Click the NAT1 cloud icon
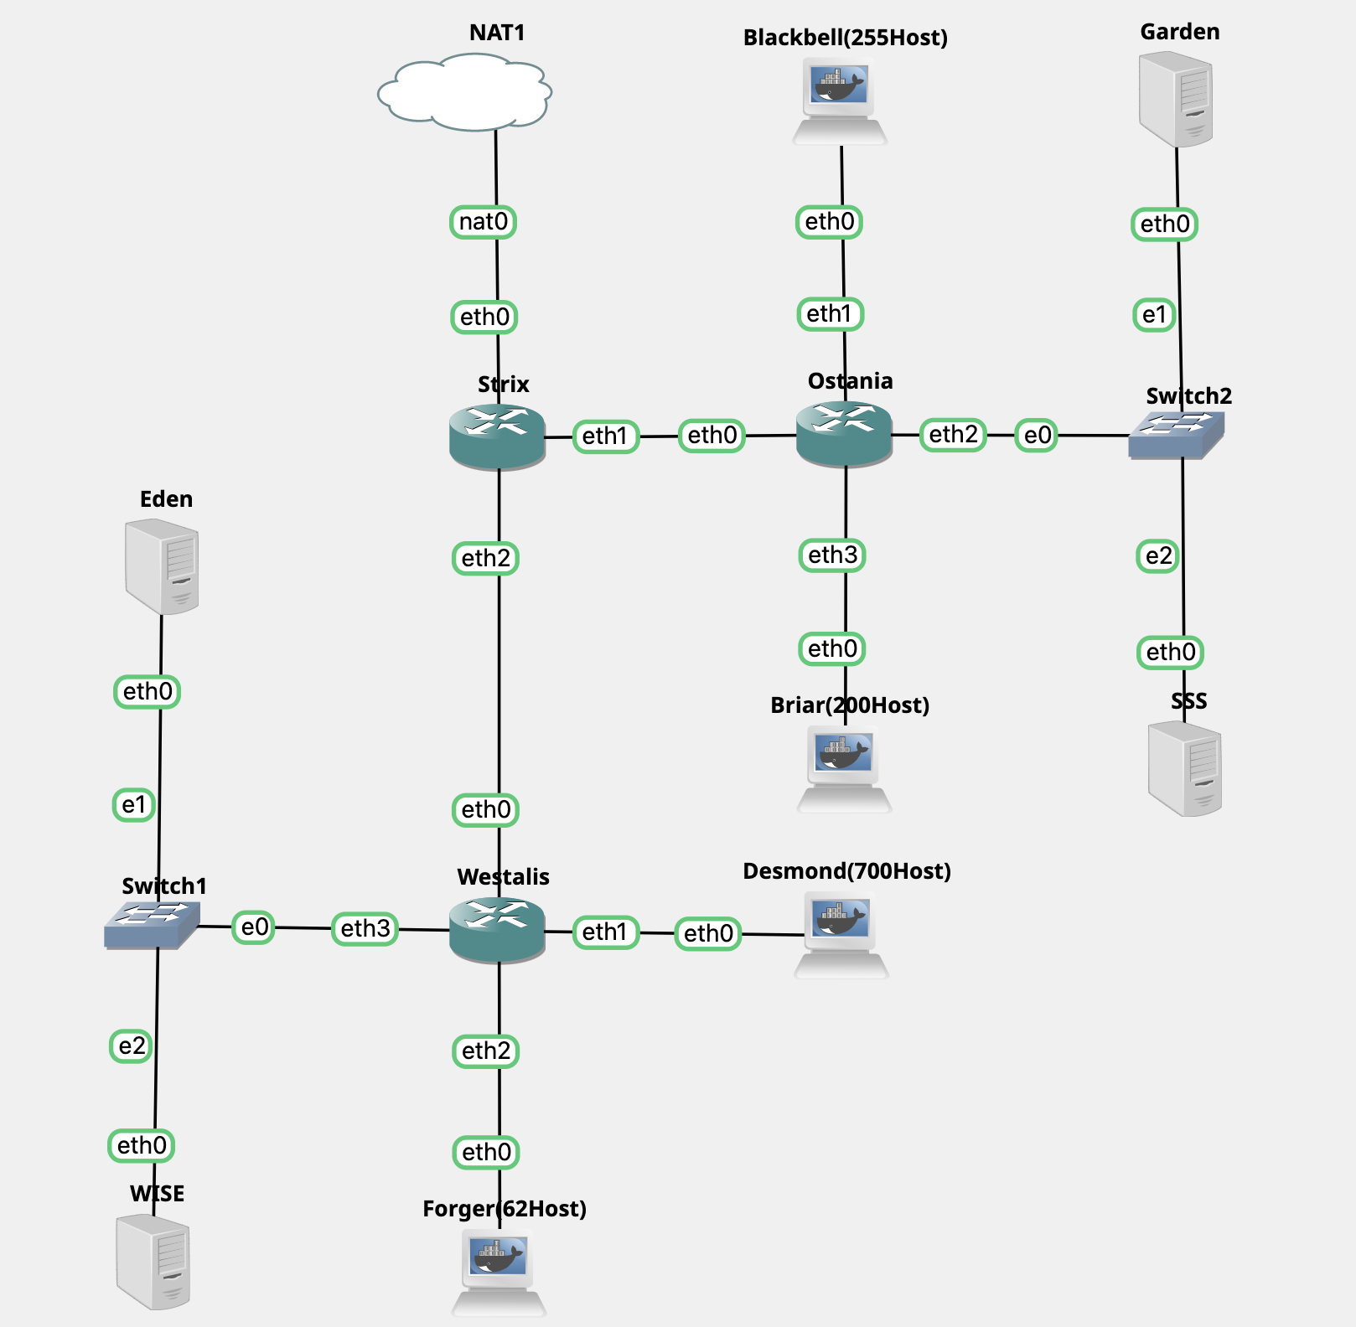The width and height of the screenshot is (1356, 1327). click(x=465, y=92)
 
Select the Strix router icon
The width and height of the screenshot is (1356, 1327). click(x=497, y=436)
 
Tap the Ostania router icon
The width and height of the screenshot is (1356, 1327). click(x=843, y=433)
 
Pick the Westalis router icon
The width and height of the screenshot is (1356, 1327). click(x=497, y=929)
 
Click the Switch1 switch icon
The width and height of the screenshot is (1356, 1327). click(x=152, y=925)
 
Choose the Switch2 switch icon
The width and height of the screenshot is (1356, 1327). click(x=1176, y=435)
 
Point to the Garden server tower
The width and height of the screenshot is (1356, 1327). click(x=1176, y=99)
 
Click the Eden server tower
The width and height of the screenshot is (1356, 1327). click(x=162, y=566)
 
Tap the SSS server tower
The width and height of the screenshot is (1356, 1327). click(x=1184, y=769)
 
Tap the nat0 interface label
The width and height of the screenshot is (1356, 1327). click(x=484, y=222)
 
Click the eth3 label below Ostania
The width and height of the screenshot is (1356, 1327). click(x=832, y=555)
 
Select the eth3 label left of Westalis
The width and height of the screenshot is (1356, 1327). click(x=365, y=928)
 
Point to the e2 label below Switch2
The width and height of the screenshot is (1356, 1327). click(x=1158, y=556)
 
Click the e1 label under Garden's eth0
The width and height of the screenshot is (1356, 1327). click(x=1154, y=315)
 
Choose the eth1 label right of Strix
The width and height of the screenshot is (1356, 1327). click(x=605, y=436)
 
